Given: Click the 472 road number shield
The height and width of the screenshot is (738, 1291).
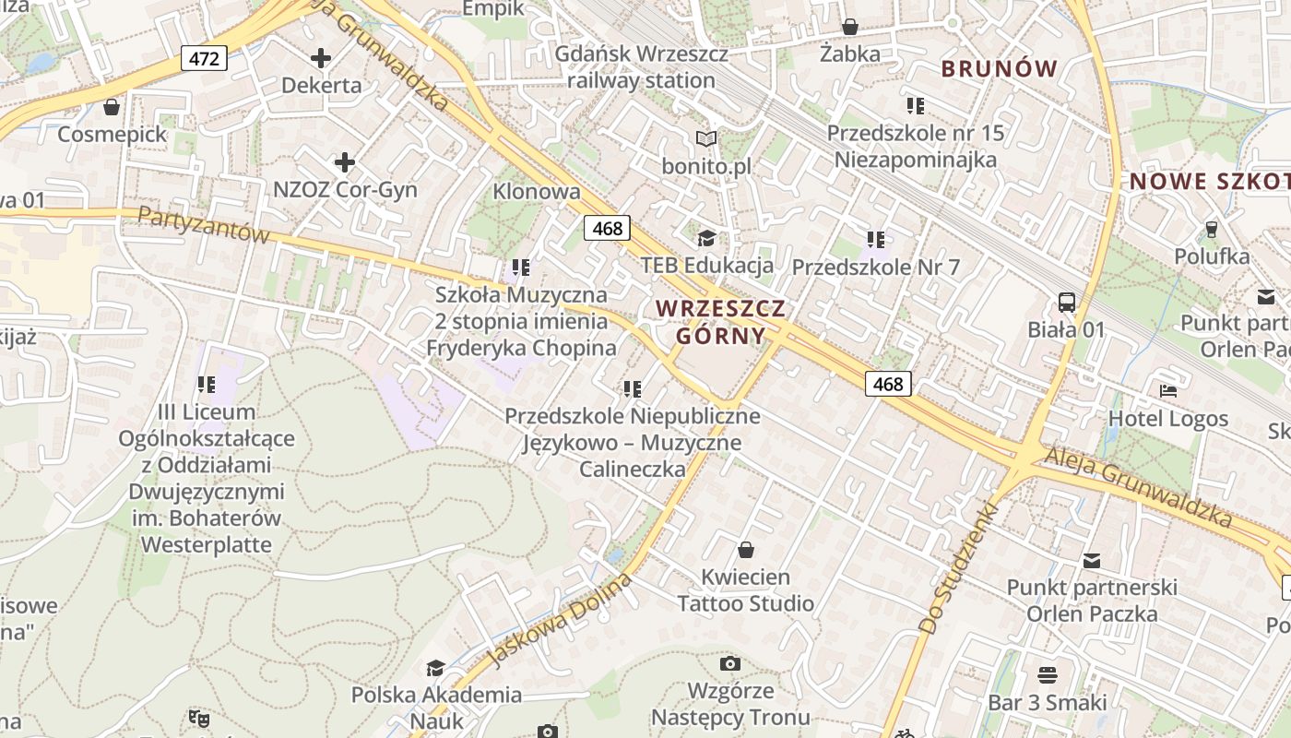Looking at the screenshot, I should click(204, 59).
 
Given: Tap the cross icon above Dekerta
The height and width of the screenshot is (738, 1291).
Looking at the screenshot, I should click(321, 59).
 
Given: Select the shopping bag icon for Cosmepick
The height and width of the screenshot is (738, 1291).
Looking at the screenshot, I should click(112, 108).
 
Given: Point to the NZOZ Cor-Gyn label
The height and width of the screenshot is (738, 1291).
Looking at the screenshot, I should click(345, 190).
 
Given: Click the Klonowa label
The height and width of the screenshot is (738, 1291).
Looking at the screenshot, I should click(537, 192).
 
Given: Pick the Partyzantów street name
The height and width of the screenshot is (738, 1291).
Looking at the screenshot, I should click(203, 224).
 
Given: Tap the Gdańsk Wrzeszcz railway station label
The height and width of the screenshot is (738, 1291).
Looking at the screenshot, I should click(641, 67).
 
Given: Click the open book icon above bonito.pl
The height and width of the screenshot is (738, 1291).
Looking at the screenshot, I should click(706, 139).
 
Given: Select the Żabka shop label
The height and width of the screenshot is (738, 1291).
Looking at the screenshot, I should click(849, 54).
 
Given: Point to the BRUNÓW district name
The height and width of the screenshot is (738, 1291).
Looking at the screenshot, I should click(999, 68).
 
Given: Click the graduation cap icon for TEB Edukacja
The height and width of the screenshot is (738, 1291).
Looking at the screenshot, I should click(706, 239).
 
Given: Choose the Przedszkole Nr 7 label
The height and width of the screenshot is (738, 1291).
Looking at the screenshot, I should click(876, 268).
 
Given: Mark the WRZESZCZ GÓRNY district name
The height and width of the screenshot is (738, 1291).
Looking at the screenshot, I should click(720, 322).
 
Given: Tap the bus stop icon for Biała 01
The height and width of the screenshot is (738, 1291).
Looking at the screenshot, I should click(1067, 302).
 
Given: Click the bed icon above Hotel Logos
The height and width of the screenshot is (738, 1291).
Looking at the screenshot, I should click(1167, 390).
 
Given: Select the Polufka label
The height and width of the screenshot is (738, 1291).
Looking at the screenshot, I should click(1212, 256).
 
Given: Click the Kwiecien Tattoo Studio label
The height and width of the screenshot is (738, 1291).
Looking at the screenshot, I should click(745, 590).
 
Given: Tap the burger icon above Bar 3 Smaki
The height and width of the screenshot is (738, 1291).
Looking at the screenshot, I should click(1047, 675).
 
